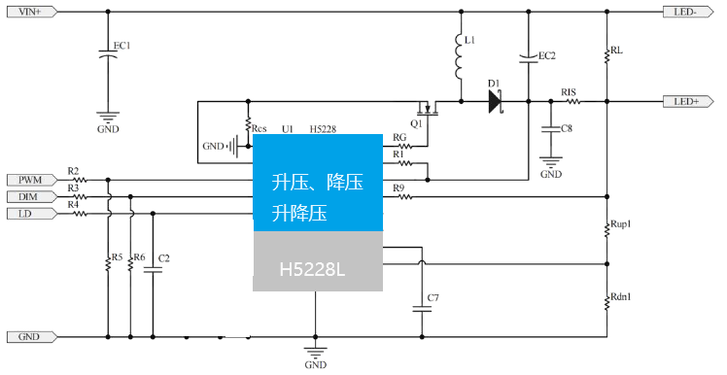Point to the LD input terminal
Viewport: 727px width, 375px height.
[x=27, y=213]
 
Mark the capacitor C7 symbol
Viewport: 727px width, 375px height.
[x=421, y=308]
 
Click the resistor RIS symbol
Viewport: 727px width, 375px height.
[x=571, y=101]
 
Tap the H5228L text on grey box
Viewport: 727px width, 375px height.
[x=312, y=269]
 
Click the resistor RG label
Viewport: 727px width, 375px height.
[x=398, y=137]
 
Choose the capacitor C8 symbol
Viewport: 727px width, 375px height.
[x=551, y=128]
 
